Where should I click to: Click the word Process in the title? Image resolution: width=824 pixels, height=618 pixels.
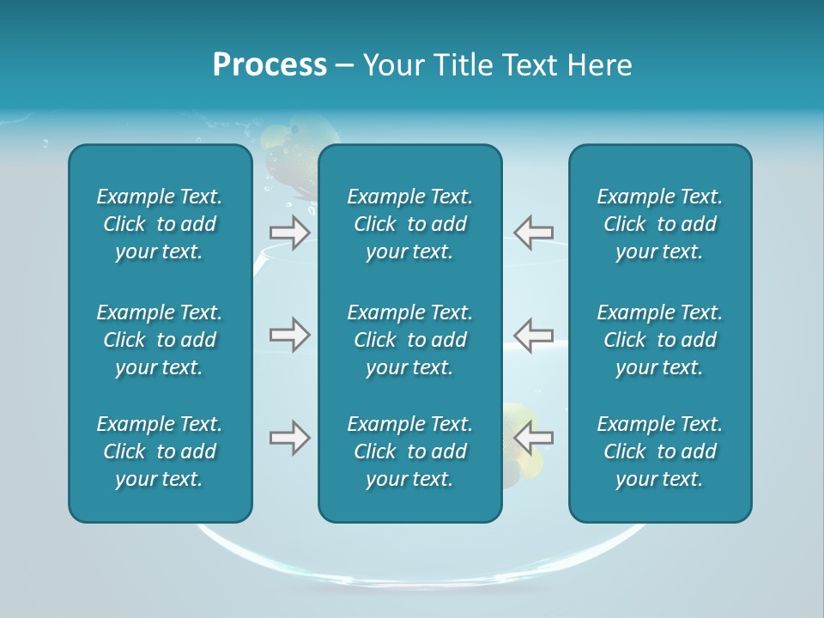pos(270,65)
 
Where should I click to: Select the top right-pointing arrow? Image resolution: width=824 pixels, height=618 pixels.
pos(289,232)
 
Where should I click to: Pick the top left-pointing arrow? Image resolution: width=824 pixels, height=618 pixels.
pos(534,232)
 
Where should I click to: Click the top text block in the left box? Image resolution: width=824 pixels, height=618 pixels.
pos(160,224)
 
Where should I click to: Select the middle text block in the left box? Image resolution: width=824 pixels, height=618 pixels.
pos(160,340)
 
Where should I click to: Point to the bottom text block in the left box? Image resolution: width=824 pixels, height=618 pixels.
pos(160,451)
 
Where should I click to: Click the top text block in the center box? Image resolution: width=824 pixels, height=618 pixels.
pos(410,224)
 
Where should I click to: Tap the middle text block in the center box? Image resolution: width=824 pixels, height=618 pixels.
pos(410,340)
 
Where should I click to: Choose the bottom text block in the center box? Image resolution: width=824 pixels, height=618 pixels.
pos(410,451)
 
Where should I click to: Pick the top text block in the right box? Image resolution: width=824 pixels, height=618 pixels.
pos(660,224)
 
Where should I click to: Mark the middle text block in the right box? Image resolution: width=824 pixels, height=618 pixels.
pos(660,340)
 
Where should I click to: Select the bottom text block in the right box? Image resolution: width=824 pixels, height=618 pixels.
pos(660,451)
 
